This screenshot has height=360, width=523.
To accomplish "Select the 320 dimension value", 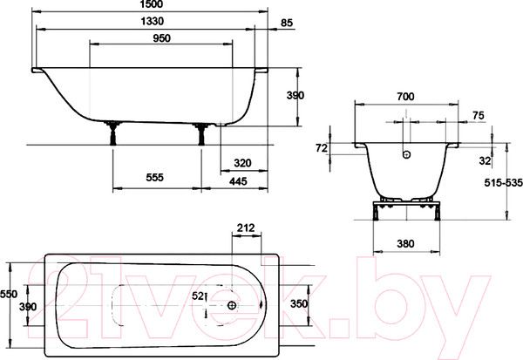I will click(243, 163).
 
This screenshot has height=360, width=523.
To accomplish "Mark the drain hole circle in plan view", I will click(231, 306).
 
